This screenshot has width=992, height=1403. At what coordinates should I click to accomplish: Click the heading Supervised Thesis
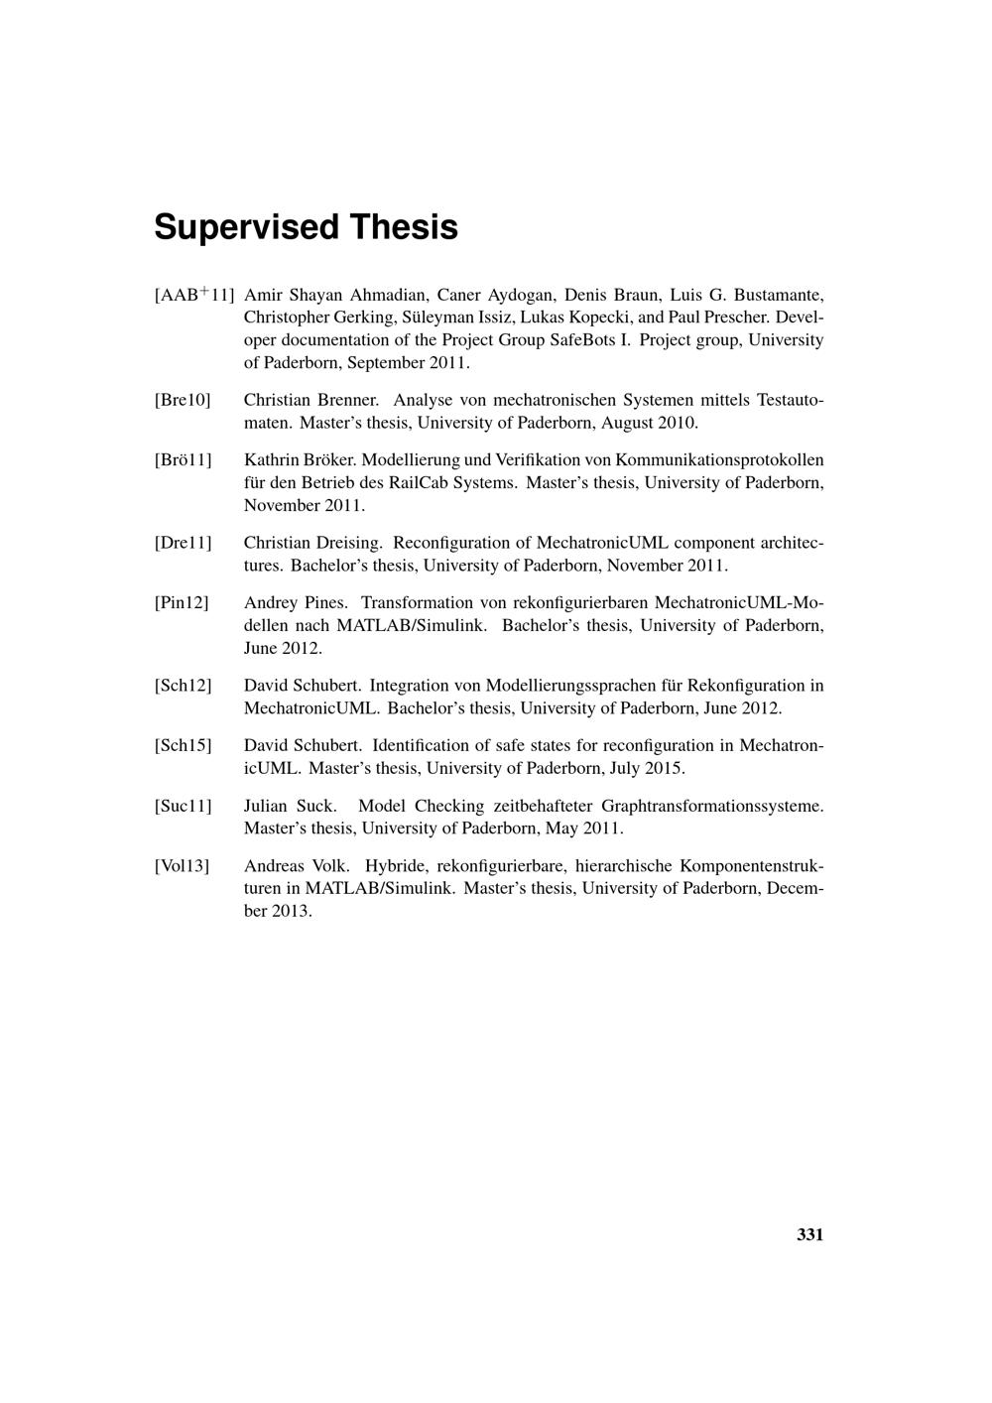306,227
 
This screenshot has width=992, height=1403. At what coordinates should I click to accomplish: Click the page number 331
809,1235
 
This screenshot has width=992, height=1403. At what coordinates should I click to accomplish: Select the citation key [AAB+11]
193,295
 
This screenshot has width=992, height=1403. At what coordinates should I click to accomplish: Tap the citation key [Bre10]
183,400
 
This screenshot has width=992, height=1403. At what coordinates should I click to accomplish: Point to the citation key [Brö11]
183,460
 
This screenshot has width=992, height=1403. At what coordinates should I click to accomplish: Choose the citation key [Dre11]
183,543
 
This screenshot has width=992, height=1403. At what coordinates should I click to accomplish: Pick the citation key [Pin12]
182,603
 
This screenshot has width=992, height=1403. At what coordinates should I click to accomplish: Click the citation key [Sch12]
183,686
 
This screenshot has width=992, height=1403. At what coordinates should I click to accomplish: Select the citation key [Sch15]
183,745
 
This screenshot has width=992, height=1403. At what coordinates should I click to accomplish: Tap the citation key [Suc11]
183,806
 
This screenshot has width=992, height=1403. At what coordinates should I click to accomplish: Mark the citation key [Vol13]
182,866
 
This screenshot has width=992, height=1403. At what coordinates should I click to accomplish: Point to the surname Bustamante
778,295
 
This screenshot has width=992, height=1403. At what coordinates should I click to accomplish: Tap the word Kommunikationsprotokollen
719,460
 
